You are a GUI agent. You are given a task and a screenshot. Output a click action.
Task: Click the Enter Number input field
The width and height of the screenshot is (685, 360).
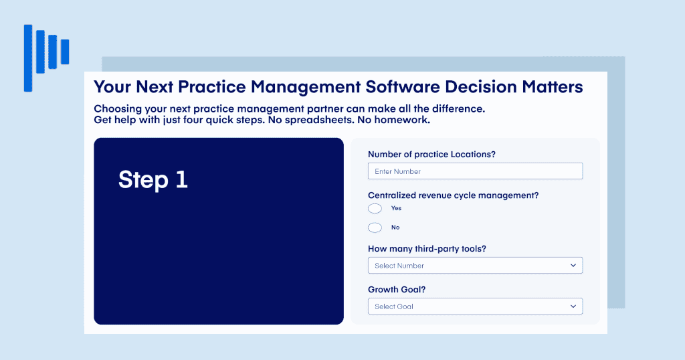(476, 171)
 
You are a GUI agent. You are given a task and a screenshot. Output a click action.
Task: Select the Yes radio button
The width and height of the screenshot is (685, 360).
(375, 208)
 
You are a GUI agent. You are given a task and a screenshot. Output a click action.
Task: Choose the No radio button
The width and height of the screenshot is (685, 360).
(375, 228)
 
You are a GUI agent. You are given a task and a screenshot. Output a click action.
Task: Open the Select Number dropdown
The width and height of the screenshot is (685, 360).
(476, 265)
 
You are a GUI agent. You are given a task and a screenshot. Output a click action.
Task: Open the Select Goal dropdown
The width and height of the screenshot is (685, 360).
(476, 306)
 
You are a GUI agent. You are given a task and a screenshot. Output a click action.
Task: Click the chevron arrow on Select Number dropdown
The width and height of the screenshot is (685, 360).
(573, 265)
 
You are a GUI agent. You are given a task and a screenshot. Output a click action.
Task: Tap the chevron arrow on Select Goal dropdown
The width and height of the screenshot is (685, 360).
(573, 306)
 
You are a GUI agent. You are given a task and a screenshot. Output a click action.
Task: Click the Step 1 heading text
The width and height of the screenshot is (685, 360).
(153, 179)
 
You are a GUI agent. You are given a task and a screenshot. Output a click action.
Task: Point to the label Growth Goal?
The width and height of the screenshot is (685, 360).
(397, 290)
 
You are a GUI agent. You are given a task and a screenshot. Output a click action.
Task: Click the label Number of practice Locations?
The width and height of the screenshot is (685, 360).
(431, 154)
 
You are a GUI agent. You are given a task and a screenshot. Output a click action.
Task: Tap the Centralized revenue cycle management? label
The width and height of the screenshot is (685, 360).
(453, 195)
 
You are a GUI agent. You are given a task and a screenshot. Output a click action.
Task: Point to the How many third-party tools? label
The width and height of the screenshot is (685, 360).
(427, 249)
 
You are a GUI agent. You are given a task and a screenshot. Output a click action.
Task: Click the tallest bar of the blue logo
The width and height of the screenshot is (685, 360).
(28, 58)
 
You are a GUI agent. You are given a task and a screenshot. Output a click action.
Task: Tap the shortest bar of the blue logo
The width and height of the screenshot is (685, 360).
(65, 52)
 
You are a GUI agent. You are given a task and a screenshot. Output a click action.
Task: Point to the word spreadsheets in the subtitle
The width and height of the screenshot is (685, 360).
(318, 120)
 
